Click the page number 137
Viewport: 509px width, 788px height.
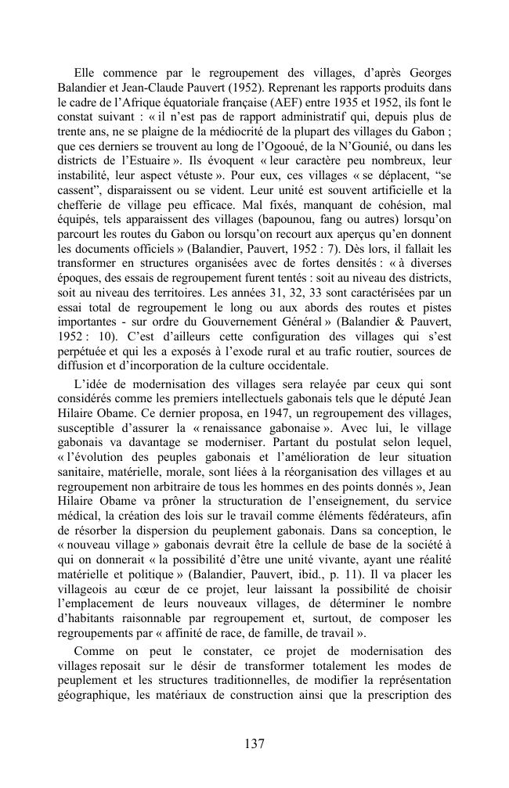pyautogui.click(x=254, y=743)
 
